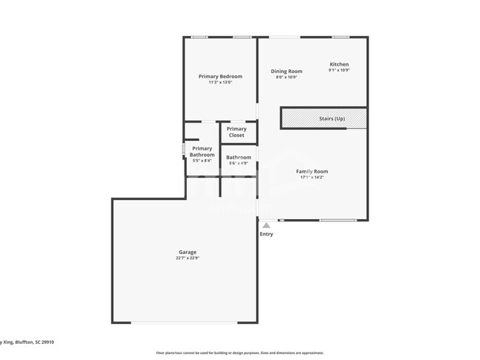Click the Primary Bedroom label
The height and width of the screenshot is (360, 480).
coord(220,77)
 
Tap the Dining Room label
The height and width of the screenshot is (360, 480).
coord(287,72)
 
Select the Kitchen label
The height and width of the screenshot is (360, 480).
coord(338,64)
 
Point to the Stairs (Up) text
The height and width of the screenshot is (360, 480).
coord(332,119)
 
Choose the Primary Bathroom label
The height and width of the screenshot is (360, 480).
coord(202,152)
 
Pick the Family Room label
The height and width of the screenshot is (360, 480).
coord(312,171)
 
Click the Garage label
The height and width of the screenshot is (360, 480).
coord(187,252)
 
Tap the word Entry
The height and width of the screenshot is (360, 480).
coord(267,234)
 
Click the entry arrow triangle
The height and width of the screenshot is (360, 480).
coord(267,226)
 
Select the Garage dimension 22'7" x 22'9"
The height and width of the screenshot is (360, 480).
coord(187,258)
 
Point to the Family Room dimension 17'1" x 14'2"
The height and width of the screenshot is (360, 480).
coord(312,177)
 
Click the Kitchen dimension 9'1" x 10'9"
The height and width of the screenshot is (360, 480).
coord(338,70)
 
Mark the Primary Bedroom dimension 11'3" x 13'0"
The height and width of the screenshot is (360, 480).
coord(220,82)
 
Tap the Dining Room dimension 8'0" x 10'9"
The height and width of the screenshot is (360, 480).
coord(287,77)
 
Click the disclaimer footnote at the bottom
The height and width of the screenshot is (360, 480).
coord(239,353)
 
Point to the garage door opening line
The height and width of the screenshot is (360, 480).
coord(185,322)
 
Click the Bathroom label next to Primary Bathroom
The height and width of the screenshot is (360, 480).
coord(239,157)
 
